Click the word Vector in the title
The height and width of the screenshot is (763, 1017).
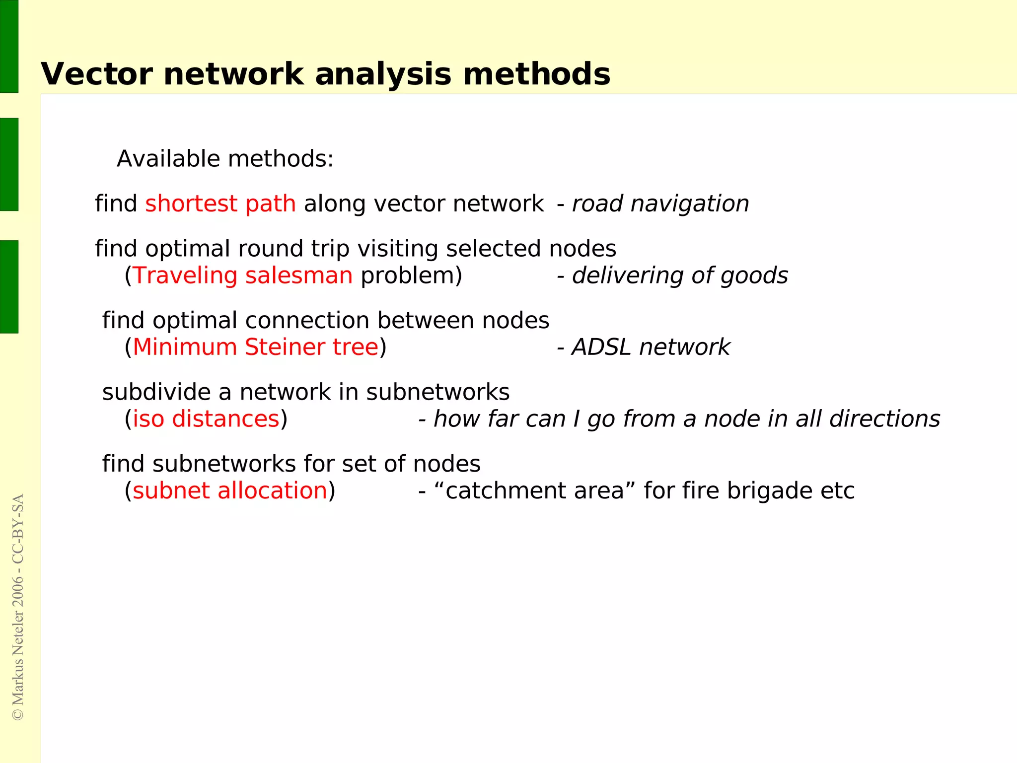[x=97, y=74]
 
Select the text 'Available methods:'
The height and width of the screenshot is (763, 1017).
[x=225, y=159]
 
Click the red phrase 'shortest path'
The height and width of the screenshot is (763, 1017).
[x=220, y=204]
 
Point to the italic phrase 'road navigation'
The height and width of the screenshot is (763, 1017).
[x=660, y=204]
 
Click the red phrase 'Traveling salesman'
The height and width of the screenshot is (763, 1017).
[x=243, y=276]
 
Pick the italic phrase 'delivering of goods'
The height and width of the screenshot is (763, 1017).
[x=680, y=276]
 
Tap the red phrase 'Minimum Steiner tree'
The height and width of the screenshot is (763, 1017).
[x=256, y=347]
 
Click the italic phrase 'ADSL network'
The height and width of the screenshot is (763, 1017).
[x=651, y=347]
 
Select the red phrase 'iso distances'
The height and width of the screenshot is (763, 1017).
[x=206, y=419]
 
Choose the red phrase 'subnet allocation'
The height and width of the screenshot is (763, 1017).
[x=230, y=491]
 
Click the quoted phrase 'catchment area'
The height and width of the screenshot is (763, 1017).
[x=534, y=491]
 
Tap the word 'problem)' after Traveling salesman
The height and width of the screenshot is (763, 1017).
[x=412, y=276]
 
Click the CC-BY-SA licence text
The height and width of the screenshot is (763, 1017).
[x=18, y=529]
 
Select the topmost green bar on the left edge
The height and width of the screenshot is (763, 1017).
[x=9, y=46]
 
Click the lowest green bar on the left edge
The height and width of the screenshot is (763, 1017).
[x=9, y=286]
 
